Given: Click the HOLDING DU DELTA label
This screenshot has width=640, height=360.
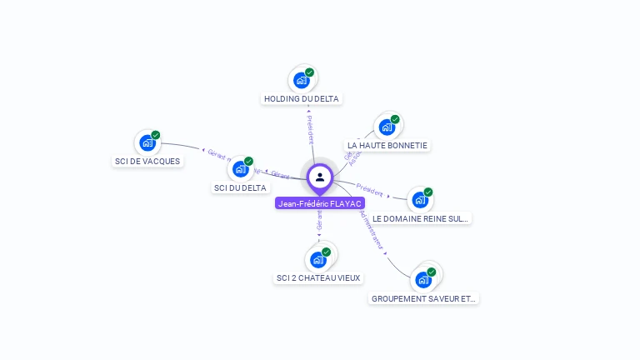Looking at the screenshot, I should click(x=302, y=98).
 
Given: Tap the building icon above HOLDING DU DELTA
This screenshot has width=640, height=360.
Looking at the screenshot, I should click(x=301, y=81).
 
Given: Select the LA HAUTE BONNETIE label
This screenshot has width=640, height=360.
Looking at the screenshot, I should click(x=387, y=145).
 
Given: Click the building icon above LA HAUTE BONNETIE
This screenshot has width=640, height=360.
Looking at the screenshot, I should click(x=387, y=127).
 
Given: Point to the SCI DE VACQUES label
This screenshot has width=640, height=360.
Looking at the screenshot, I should click(x=147, y=161).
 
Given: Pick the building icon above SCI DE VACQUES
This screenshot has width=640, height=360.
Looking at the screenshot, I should click(x=147, y=142).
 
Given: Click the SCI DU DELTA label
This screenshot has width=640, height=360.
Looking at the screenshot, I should click(x=240, y=187).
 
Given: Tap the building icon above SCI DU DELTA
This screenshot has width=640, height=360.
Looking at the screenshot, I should click(x=241, y=169).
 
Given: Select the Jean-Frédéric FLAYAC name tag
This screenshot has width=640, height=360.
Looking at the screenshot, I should click(x=320, y=203).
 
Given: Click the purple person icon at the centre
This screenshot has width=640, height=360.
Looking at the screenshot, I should click(x=320, y=177).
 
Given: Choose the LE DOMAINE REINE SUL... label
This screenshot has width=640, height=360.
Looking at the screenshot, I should click(x=421, y=218).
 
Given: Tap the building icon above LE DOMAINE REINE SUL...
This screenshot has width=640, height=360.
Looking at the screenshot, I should click(x=420, y=200).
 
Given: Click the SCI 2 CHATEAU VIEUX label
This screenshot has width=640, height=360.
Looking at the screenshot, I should click(x=319, y=277).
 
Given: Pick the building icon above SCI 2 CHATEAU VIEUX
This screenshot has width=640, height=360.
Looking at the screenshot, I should click(x=318, y=259).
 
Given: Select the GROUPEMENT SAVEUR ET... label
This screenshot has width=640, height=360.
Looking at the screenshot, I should click(x=424, y=297).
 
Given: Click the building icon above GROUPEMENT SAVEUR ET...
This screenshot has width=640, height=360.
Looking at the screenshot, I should click(x=423, y=279).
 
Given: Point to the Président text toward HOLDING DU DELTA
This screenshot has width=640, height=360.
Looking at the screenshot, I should click(x=310, y=129).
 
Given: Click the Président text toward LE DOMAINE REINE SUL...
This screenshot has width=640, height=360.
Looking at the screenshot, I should click(x=369, y=188).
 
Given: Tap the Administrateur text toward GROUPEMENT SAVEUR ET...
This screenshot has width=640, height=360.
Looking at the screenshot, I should click(x=372, y=230).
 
